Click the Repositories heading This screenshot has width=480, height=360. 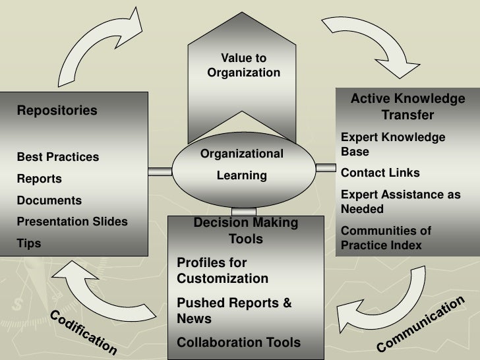(x=57, y=110)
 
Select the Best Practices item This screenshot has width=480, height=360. (x=58, y=157)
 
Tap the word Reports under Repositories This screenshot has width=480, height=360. (x=39, y=179)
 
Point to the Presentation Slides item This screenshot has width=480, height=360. (x=72, y=222)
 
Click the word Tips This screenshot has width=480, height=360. (x=28, y=243)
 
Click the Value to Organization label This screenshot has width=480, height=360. (x=243, y=66)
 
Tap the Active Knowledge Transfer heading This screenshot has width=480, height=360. (x=407, y=107)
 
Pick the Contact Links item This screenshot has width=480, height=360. (x=380, y=173)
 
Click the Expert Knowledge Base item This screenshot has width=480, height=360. (x=393, y=144)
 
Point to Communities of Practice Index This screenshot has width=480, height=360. (x=386, y=238)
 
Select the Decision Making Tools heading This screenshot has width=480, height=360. (x=245, y=231)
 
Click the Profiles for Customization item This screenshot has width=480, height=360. (x=222, y=270)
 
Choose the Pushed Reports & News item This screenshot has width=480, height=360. (x=233, y=311)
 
